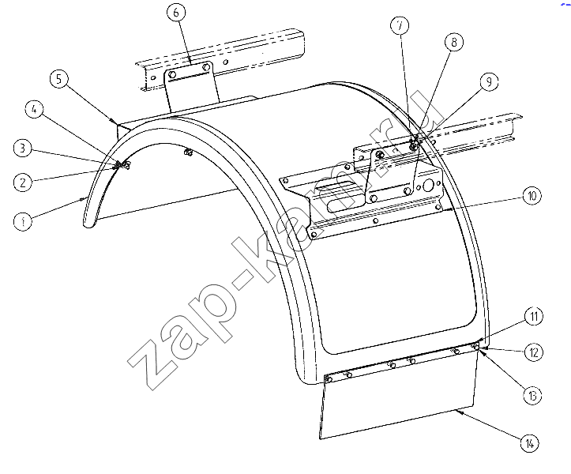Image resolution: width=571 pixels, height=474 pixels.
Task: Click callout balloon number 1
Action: tap(23, 221)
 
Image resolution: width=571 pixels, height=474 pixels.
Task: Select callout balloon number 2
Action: tap(23, 182)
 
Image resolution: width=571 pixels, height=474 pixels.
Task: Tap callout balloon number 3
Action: tap(23, 149)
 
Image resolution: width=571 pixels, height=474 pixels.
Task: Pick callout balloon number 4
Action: tap(34, 109)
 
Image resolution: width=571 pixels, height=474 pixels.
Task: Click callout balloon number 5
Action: tap(59, 79)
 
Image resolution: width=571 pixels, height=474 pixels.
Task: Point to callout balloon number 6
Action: tap(176, 13)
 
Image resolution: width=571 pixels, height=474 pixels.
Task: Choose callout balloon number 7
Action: tap(400, 25)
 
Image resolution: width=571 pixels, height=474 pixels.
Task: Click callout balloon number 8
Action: tap(454, 42)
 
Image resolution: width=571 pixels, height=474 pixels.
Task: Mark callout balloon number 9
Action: tap(489, 81)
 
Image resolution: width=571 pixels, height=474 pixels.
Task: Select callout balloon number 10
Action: tap(532, 196)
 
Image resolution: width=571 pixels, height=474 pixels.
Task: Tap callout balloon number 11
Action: tap(534, 316)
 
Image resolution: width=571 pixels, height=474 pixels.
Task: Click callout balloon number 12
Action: tap(534, 352)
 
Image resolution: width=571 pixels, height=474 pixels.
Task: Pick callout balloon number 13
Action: tap(532, 395)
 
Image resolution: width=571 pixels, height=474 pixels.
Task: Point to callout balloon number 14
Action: tap(529, 443)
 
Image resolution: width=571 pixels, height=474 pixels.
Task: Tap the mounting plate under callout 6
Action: tap(191, 88)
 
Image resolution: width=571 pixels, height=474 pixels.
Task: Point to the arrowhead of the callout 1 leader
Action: tap(84, 198)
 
